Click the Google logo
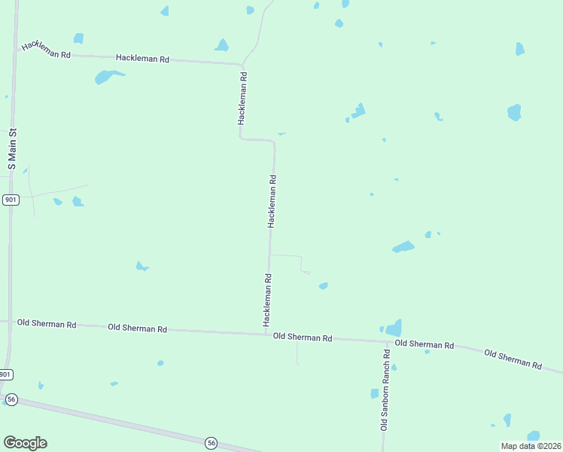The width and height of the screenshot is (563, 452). pyautogui.click(x=25, y=442)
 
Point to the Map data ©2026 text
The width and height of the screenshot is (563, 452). pyautogui.click(x=531, y=445)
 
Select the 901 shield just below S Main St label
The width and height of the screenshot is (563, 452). pyautogui.click(x=11, y=200)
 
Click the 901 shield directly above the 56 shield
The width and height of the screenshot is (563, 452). pyautogui.click(x=6, y=374)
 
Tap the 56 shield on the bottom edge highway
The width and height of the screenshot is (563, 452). pyautogui.click(x=211, y=442)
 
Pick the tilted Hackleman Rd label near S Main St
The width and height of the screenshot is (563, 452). pyautogui.click(x=46, y=50)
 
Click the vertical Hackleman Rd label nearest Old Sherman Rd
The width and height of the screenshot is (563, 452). pyautogui.click(x=266, y=300)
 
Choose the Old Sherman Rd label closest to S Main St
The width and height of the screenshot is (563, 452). pyautogui.click(x=47, y=325)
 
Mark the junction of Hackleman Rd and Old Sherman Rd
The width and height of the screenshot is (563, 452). pyautogui.click(x=266, y=332)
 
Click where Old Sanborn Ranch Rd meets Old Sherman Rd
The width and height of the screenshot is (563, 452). pyautogui.click(x=387, y=341)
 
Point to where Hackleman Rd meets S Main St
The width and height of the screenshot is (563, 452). pyautogui.click(x=17, y=52)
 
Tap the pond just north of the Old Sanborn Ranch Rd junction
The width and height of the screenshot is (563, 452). pyautogui.click(x=394, y=328)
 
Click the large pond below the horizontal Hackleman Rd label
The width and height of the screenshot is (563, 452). pyautogui.click(x=106, y=76)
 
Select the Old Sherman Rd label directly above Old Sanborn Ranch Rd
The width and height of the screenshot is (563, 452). pyautogui.click(x=424, y=344)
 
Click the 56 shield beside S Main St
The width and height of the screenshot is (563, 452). pyautogui.click(x=11, y=399)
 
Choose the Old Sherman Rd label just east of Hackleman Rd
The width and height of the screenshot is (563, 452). pyautogui.click(x=303, y=337)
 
